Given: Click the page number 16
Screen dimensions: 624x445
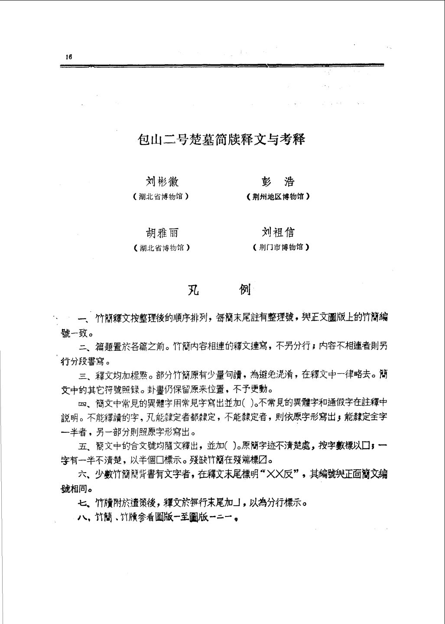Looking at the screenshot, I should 68,56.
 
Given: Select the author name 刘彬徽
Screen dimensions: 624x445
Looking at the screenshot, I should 161,182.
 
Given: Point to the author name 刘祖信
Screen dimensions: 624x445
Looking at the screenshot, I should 278,233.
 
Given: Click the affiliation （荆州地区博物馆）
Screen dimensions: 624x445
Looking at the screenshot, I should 278,196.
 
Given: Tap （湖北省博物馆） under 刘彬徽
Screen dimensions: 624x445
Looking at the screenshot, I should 161,196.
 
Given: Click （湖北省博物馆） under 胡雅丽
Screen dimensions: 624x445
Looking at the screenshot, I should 162,248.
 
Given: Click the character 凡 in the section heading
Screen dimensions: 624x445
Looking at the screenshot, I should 193,290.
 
